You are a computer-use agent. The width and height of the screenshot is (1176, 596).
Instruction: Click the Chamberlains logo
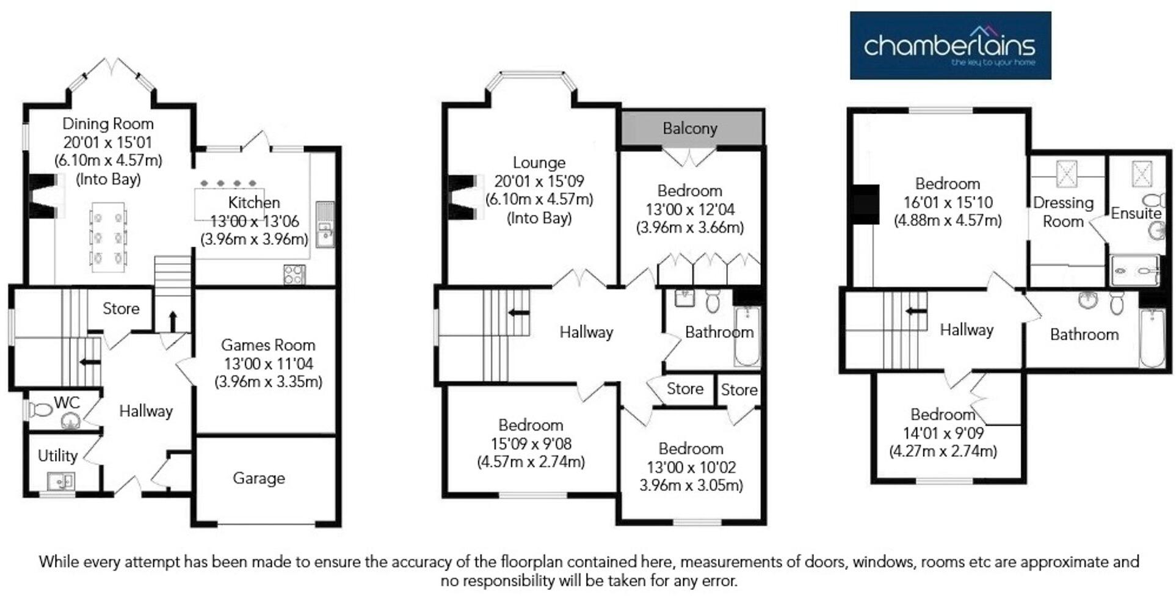[950, 46]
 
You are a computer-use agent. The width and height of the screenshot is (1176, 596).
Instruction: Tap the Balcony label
[690, 128]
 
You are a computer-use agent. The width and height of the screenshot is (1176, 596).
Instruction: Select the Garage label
[258, 478]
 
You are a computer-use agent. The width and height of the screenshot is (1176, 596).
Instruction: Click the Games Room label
[268, 345]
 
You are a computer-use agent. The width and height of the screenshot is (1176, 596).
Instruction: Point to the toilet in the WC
[42, 409]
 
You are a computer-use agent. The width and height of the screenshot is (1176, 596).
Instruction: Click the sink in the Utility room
[60, 481]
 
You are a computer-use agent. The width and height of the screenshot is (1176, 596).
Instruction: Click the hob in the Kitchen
[294, 274]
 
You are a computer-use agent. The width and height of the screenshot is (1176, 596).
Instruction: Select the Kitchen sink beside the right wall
[325, 225]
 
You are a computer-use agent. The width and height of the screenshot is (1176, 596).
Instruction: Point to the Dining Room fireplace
[46, 195]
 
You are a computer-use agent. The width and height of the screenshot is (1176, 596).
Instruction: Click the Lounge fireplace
[464, 197]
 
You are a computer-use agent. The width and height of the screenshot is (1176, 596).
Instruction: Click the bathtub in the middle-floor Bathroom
[746, 336]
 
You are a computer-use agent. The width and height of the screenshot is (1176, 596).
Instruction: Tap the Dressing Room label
[1063, 212]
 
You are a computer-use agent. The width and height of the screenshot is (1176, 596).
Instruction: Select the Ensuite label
[1136, 213]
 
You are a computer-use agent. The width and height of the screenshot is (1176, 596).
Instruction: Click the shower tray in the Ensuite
[1134, 271]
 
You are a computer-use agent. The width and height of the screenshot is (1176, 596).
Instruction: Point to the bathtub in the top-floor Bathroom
[1152, 338]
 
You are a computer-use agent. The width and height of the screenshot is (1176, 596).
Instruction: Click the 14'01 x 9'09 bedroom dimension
[943, 433]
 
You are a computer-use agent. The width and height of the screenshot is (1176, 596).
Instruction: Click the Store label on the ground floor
[121, 308]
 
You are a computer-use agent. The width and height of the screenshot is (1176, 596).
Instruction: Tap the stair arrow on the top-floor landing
[916, 311]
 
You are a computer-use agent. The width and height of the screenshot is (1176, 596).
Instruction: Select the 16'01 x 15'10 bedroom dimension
[948, 202]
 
